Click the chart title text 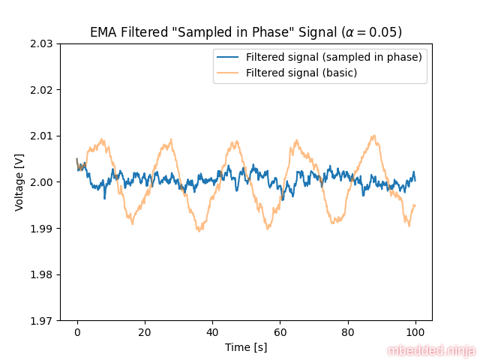tap(246, 32)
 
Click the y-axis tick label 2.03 tap(40, 43)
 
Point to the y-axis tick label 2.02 tap(40, 90)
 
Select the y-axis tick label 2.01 tap(40, 136)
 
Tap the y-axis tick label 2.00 tap(40, 182)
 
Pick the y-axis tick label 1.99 tap(40, 228)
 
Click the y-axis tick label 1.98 tap(40, 274)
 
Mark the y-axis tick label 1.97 tap(40, 320)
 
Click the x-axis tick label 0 tap(76, 331)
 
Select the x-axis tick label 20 tap(145, 331)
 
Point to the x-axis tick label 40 tap(212, 331)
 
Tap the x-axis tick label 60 tap(280, 331)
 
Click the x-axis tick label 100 tap(415, 331)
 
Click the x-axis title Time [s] tap(246, 347)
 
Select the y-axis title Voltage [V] tap(19, 182)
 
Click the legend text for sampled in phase tap(334, 57)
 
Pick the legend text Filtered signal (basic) tap(301, 73)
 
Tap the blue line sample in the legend tap(229, 57)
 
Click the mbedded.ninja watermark tap(431, 350)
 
